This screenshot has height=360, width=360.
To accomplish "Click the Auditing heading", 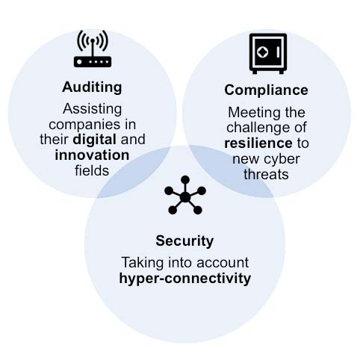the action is pyautogui.click(x=92, y=87).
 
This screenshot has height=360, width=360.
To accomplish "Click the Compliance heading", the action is pyautogui.click(x=266, y=90).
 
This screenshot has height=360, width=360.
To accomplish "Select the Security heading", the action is pyautogui.click(x=184, y=241).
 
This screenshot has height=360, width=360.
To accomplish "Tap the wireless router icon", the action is pyautogui.click(x=93, y=49).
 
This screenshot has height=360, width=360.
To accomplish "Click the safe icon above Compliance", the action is pyautogui.click(x=268, y=54).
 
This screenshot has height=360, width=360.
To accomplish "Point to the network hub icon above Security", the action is pyautogui.click(x=185, y=195).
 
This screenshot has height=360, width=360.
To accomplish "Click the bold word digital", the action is pyautogui.click(x=95, y=140).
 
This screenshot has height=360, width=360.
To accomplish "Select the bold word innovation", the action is pyautogui.click(x=92, y=155).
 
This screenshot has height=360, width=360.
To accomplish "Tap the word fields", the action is pyautogui.click(x=92, y=171).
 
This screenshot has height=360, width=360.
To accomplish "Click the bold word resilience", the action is pyautogui.click(x=258, y=143).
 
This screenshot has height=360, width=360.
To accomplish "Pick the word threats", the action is pyautogui.click(x=266, y=174).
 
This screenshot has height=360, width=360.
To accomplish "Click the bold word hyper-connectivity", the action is pyautogui.click(x=185, y=279).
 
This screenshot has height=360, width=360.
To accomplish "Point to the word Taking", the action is pyautogui.click(x=143, y=263).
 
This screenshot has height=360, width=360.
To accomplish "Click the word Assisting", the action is pyautogui.click(x=93, y=109).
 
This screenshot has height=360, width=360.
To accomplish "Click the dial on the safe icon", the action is pyautogui.click(x=261, y=52).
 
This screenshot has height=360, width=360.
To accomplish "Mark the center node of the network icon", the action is pyautogui.click(x=185, y=197).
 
